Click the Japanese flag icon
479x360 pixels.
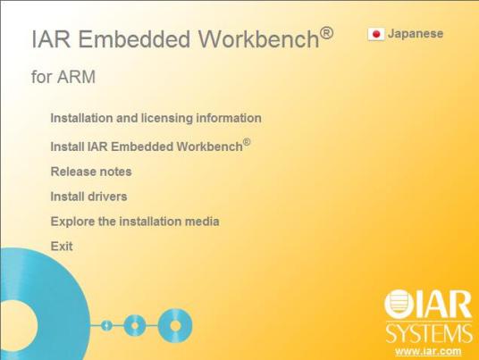point(375,34)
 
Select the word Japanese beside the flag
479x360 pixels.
point(415,34)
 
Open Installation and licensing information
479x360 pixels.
point(155,118)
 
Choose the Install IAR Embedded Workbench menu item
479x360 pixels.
point(146,147)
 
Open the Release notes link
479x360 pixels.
point(90,172)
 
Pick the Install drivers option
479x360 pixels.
point(88,197)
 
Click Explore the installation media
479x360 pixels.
point(134,222)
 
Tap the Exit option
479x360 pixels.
point(62,247)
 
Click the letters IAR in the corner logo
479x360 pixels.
point(443,306)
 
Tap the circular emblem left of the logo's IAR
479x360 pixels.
point(399,306)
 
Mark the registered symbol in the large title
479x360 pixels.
point(326,34)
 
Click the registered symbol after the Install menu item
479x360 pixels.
point(247,141)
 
